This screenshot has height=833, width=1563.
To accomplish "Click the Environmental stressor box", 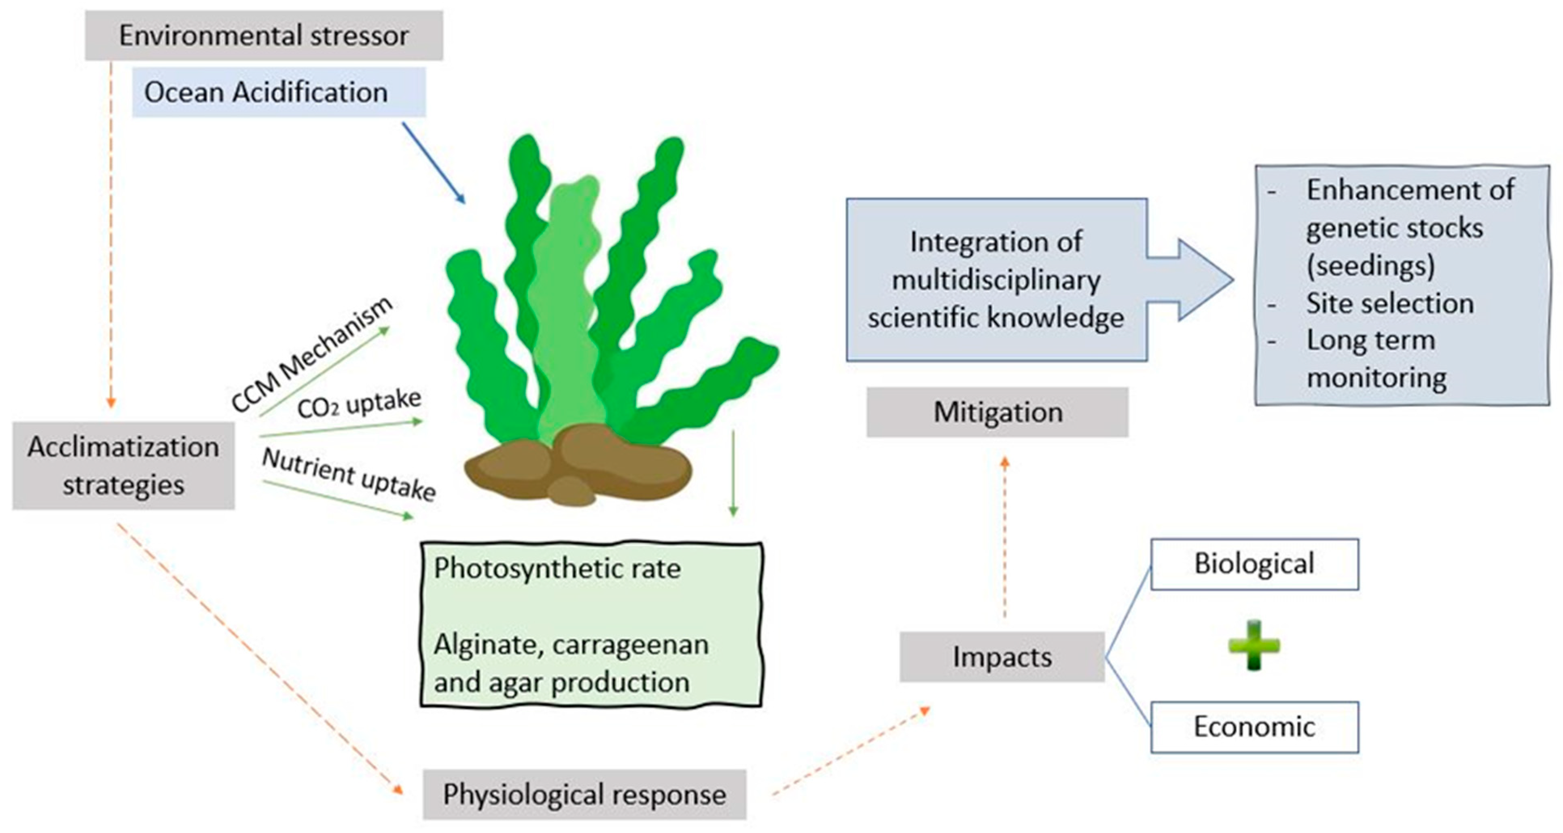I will [x=264, y=35].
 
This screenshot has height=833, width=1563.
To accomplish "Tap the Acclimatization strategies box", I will [x=123, y=466].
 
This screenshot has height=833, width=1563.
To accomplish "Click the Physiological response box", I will [x=584, y=794].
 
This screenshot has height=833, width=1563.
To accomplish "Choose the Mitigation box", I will [x=998, y=412].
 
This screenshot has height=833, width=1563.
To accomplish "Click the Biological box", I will [x=1254, y=564].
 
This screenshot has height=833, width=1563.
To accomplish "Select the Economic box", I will [x=1254, y=727].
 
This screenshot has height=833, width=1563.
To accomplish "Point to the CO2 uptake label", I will [x=359, y=404].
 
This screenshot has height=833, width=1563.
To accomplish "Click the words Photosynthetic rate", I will [x=557, y=569].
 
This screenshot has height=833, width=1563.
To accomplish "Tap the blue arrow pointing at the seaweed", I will [x=433, y=163].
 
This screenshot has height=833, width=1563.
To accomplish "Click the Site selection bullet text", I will [x=1389, y=303].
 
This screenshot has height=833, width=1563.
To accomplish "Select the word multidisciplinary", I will [x=996, y=280].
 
